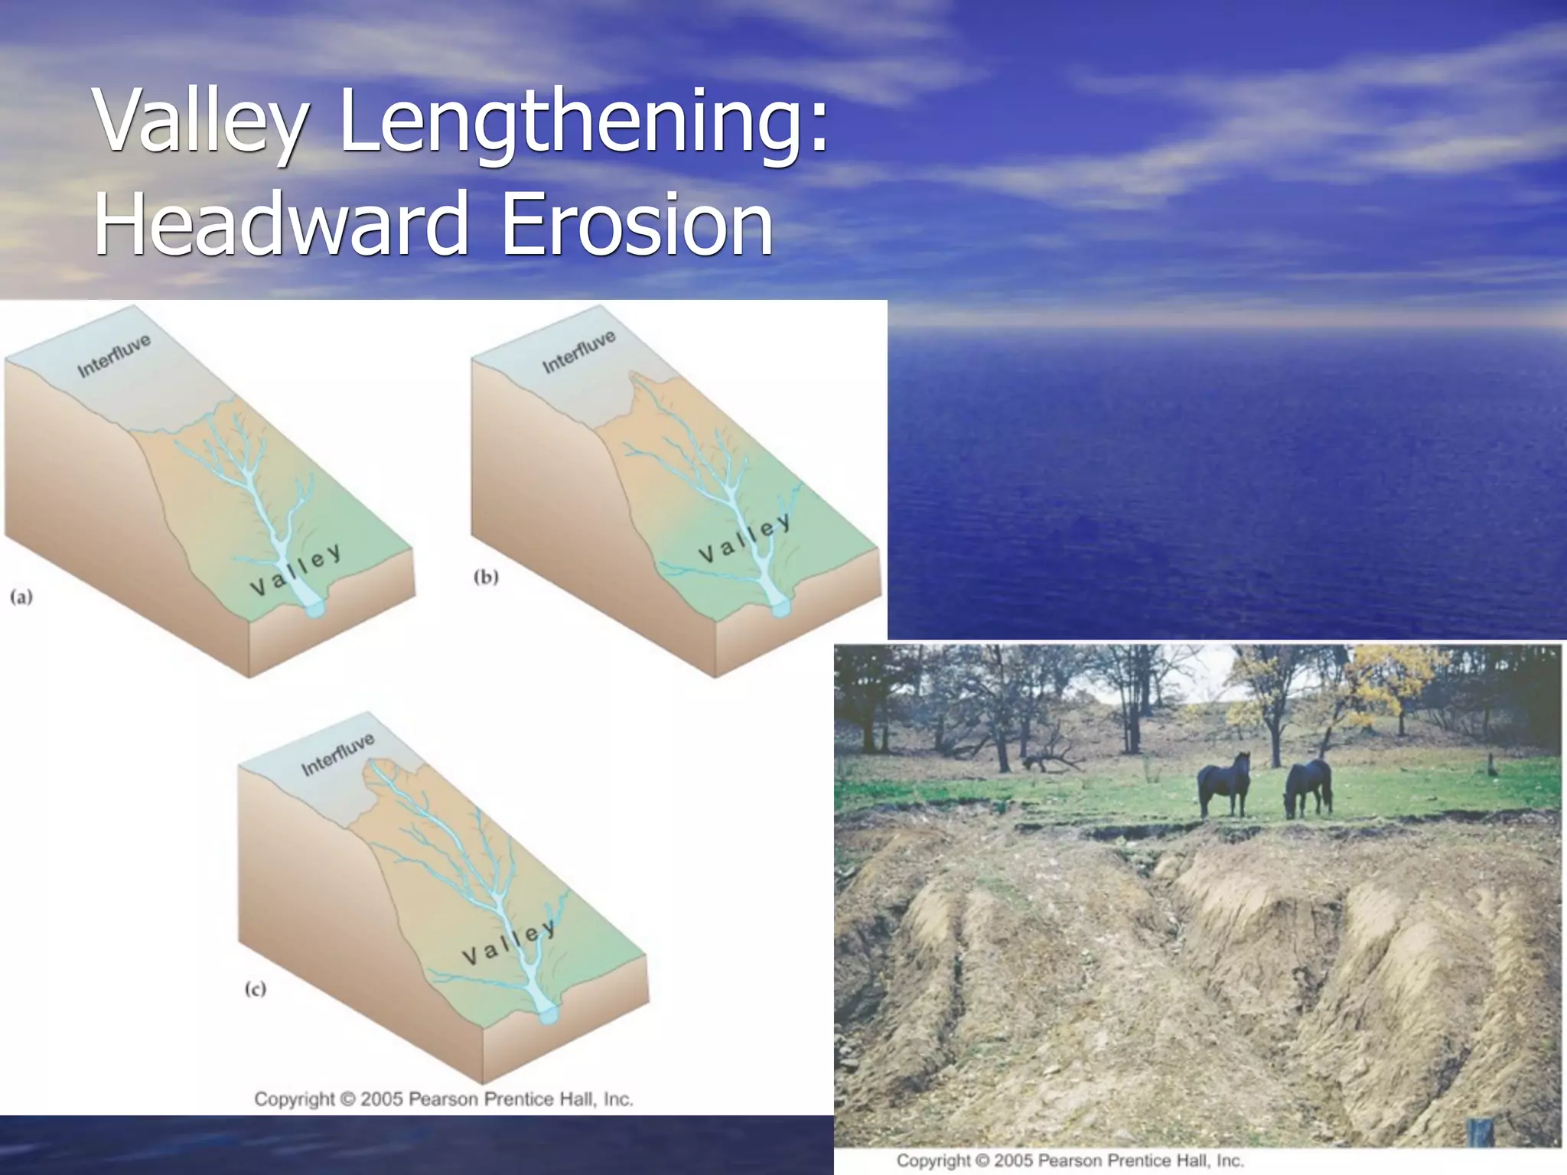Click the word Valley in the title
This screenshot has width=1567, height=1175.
[x=203, y=122]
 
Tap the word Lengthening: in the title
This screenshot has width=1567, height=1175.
[x=583, y=122]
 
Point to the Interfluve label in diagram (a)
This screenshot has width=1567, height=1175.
[x=114, y=356]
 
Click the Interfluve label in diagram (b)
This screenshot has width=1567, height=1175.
[x=578, y=352]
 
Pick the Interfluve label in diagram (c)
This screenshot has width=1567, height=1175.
[x=337, y=753]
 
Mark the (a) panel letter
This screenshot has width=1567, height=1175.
[x=21, y=597]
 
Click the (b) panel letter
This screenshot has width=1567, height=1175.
[x=486, y=577]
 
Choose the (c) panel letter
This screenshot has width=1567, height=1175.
[x=256, y=989]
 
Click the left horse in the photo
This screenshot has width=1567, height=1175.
[x=1224, y=782]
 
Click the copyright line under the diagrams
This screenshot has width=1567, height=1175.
[x=444, y=1099]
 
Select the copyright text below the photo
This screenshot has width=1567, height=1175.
[x=1070, y=1160]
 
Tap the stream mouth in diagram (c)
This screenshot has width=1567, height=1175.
[x=549, y=1015]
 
